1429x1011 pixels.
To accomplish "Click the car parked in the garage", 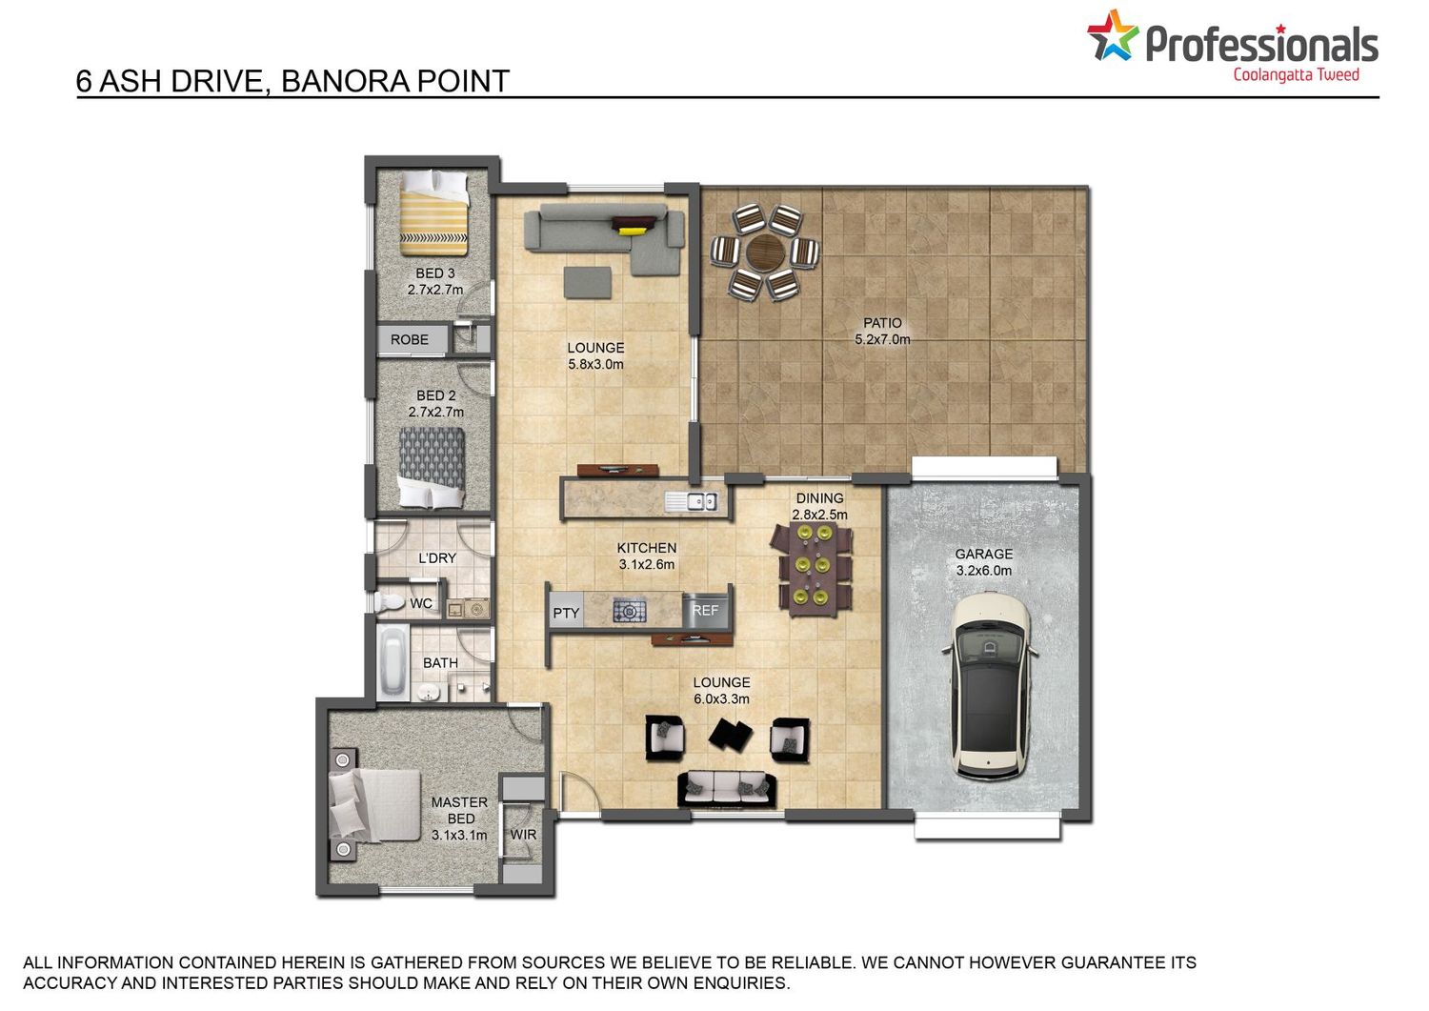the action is (x=989, y=685).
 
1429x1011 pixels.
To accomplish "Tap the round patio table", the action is (x=765, y=253).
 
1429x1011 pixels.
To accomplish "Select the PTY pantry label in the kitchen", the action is (x=566, y=613).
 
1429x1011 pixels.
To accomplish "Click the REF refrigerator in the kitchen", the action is (x=706, y=611).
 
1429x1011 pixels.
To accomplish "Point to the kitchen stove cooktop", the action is (x=630, y=611).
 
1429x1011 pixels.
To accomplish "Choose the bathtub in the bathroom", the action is (x=392, y=662).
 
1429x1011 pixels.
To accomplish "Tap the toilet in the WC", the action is (x=389, y=602).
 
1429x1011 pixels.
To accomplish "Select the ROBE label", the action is (x=410, y=339).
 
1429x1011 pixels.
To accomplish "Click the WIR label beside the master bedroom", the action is (x=523, y=834).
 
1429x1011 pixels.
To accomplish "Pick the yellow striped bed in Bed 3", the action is (x=433, y=212).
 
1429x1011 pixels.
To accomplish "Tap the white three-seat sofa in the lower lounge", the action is (x=727, y=789).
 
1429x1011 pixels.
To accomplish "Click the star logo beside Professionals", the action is (x=1113, y=36).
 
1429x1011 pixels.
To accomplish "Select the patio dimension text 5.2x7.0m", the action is (x=882, y=339).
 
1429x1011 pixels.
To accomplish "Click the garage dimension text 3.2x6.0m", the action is (x=984, y=571).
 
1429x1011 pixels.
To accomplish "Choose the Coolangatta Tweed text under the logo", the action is (x=1296, y=75).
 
